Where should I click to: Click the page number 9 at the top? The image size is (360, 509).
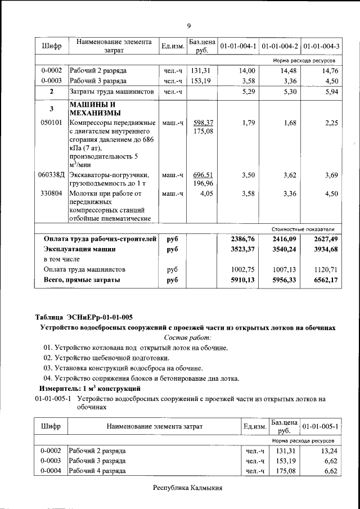point(189,26)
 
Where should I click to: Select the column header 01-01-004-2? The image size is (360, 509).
point(280,46)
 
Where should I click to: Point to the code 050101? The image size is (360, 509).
point(52,123)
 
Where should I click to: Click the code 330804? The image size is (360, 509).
point(52,193)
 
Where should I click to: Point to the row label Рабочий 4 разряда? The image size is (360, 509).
point(97,471)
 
